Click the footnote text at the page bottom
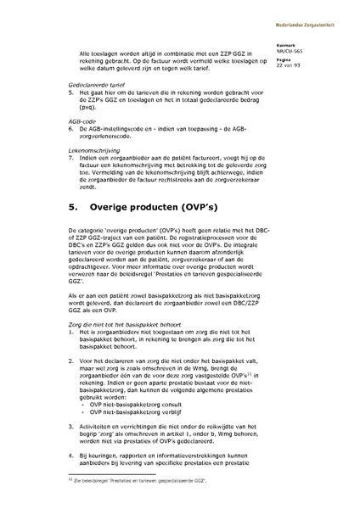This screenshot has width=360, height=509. [140, 482]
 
